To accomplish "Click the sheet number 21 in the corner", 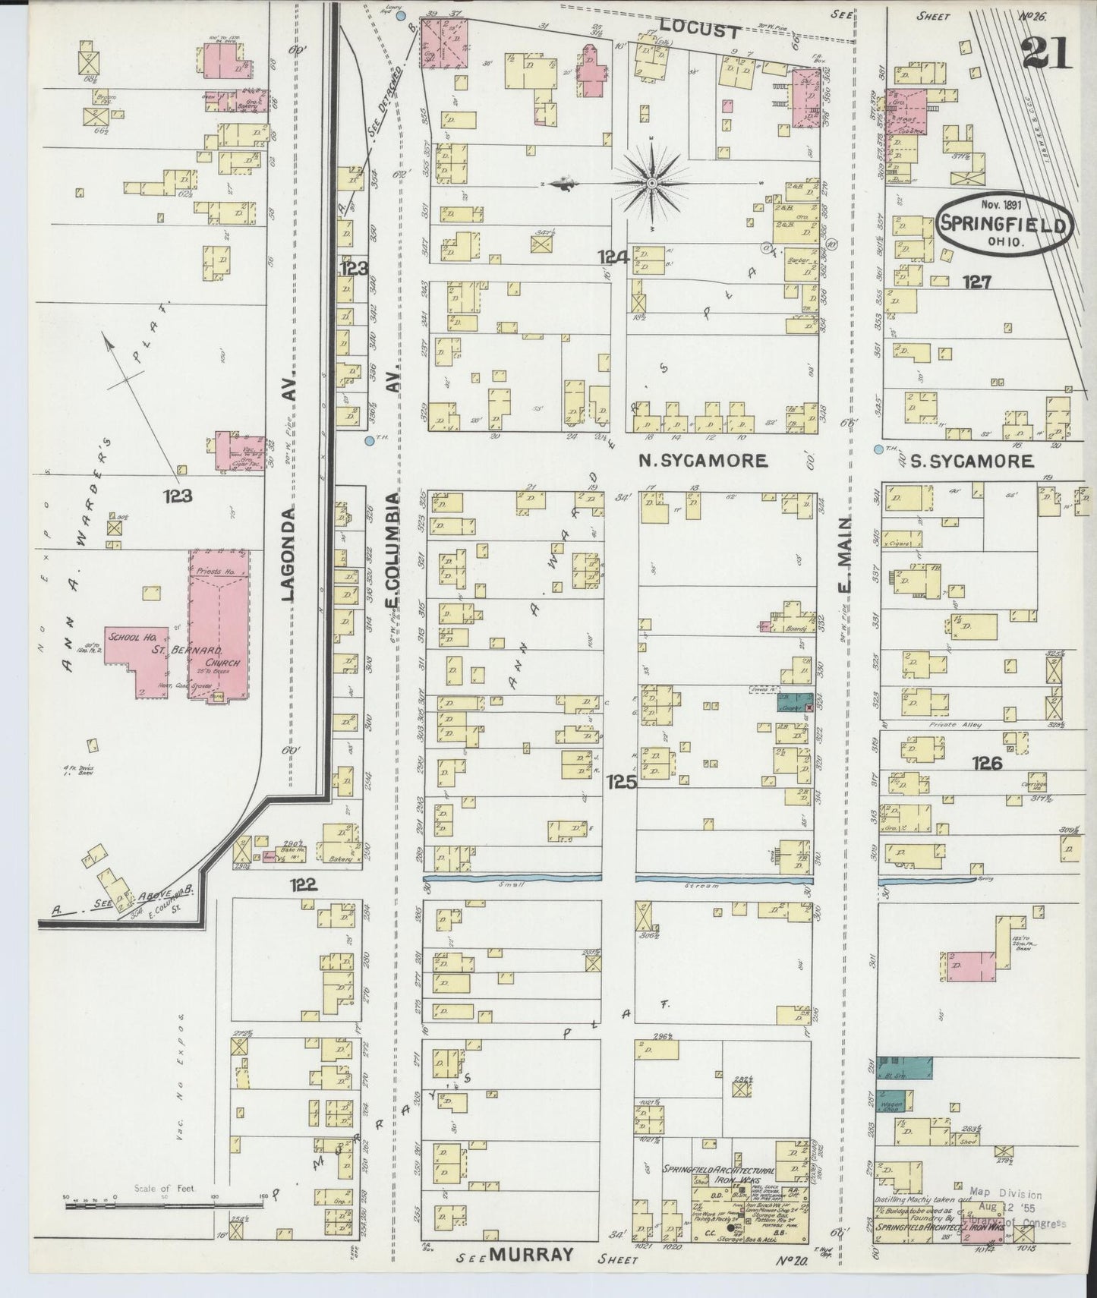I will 1046,53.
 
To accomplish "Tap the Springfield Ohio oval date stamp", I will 1004,225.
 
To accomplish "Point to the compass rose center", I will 652,184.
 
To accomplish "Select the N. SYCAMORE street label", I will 702,460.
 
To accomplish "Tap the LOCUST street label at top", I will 698,31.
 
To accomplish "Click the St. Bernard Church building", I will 219,626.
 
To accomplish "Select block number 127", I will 976,282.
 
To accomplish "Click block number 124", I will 613,258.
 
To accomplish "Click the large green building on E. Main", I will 905,1069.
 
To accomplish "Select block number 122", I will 302,884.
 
